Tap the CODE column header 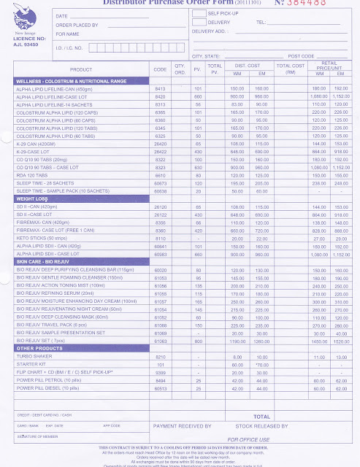[x=161, y=69]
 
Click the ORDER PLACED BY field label [x=77, y=24]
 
